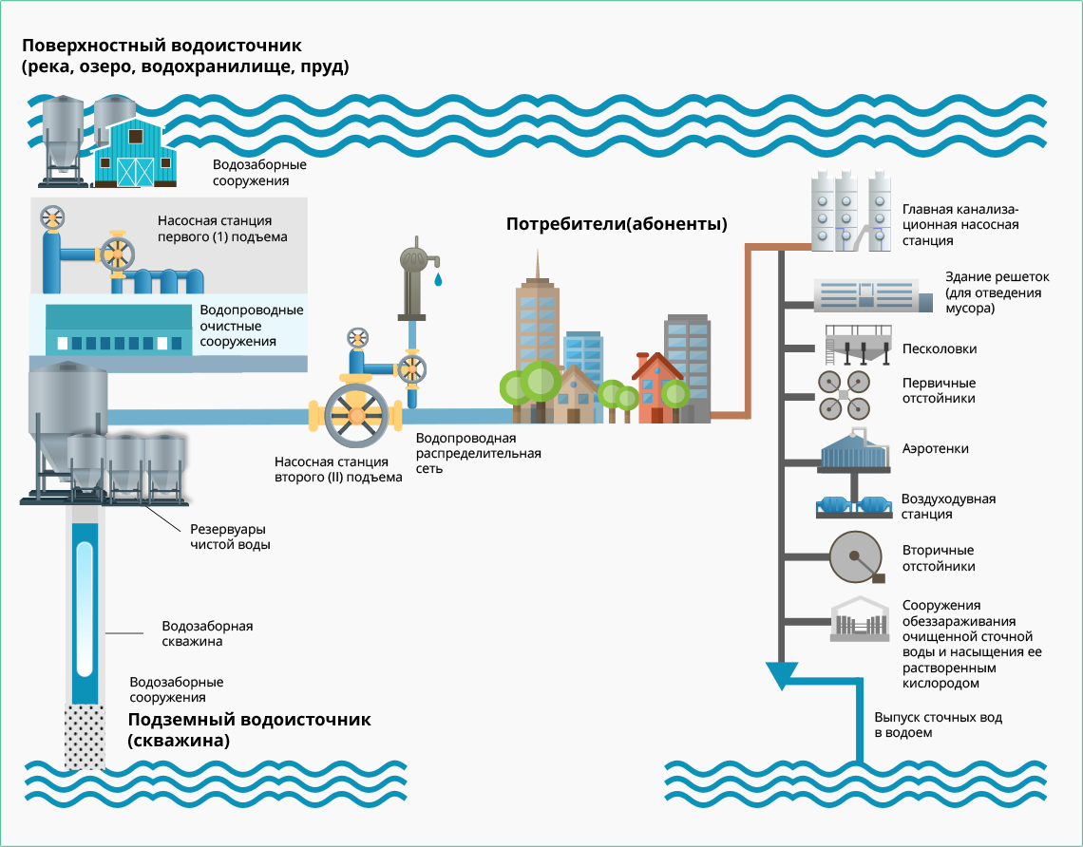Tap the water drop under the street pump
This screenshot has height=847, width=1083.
438,280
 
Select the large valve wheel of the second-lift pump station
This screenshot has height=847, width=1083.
356,415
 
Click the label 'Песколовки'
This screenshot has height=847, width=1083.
940,349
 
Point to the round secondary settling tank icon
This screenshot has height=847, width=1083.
856,557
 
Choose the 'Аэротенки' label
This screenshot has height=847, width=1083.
936,449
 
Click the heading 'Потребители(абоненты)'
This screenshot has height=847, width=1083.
617,225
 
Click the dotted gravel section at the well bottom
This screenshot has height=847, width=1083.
85,736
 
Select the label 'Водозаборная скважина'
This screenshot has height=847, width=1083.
207,634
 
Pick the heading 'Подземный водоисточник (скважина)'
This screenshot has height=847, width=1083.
249,730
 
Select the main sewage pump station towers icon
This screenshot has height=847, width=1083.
851,211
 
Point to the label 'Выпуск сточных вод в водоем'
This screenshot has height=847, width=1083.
938,725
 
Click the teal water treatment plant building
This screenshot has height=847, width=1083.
119,330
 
